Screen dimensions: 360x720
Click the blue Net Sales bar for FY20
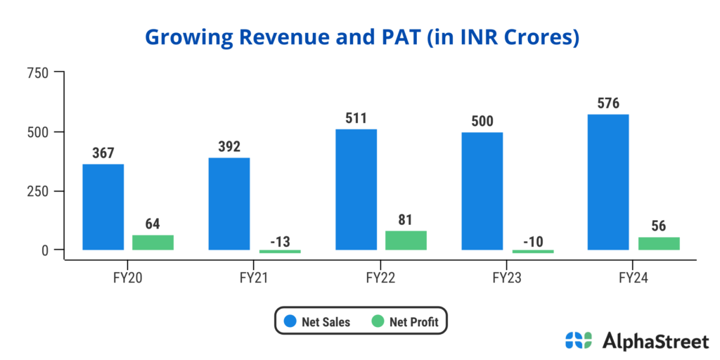pos(103,207)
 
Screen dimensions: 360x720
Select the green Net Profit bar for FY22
pos(406,240)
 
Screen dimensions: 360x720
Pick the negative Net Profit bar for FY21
pos(280,251)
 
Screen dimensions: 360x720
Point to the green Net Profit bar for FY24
pos(659,243)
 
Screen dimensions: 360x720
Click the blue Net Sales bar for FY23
pos(482,191)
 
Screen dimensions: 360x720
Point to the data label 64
pos(153,224)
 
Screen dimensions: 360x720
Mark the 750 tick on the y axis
pos(37,72)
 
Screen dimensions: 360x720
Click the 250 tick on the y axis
pos(37,191)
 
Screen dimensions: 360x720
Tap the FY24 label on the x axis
pos(634,278)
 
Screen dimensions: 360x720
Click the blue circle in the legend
pos(289,322)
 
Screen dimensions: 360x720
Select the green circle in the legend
pos(377,322)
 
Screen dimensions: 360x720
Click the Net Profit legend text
pos(414,322)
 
